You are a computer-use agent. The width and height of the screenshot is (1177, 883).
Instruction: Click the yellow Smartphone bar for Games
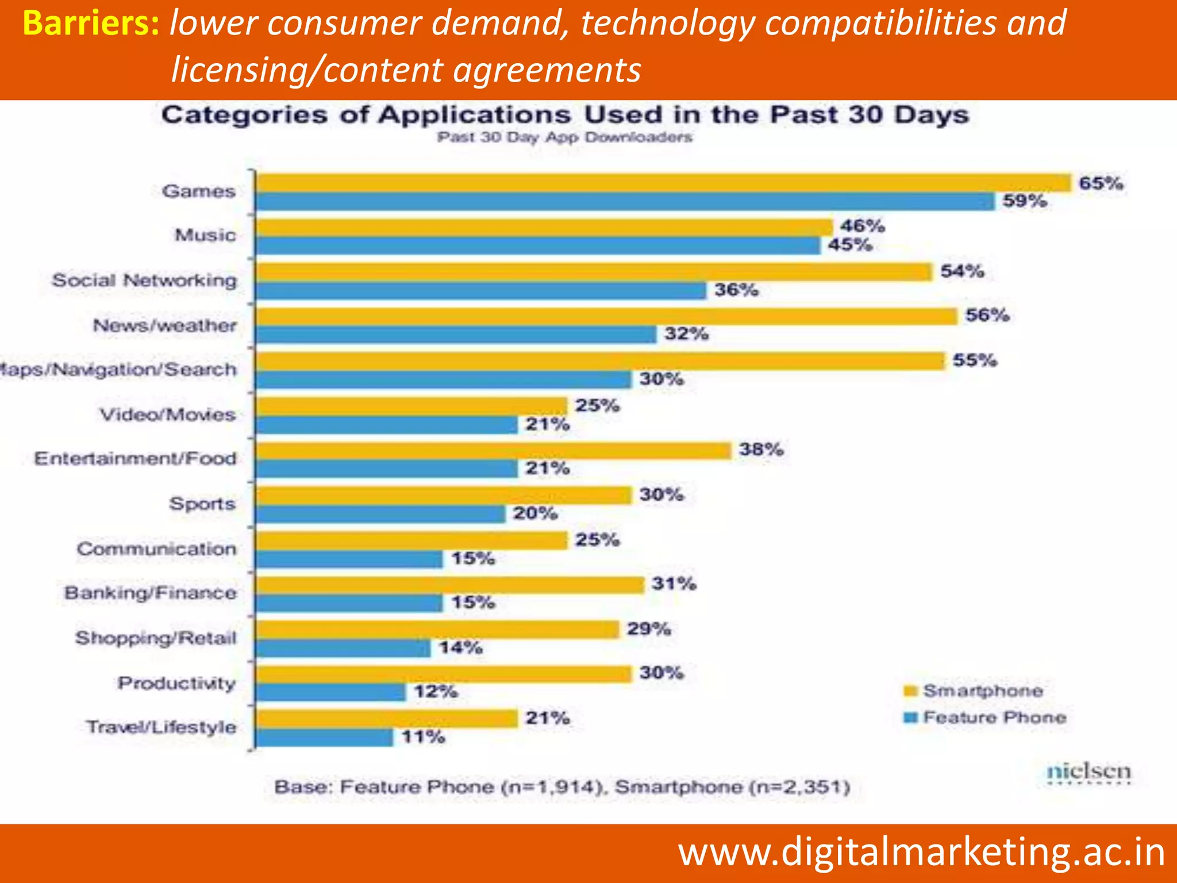coord(664,183)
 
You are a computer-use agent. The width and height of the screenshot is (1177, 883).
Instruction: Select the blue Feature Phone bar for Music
coord(538,246)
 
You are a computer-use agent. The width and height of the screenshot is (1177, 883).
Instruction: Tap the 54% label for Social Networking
coord(962,271)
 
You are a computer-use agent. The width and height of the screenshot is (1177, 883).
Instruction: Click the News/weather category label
coord(165,325)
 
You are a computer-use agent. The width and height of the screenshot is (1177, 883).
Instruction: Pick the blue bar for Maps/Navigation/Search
coord(444,379)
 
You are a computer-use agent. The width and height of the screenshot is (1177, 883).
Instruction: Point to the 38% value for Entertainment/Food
coord(761,450)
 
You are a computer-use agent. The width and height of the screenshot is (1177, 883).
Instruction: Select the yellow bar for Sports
coord(444,495)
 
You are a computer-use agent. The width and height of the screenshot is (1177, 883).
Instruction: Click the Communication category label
coord(156,549)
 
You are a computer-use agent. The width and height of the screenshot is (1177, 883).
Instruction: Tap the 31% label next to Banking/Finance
coord(674,584)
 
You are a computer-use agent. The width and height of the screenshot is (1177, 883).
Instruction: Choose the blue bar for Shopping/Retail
coord(343,648)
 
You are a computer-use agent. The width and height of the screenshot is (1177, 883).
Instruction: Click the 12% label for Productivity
coord(436,692)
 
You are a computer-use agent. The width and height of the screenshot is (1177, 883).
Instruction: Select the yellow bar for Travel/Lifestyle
coord(387,719)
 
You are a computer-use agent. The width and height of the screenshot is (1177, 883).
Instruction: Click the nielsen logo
coord(1088,772)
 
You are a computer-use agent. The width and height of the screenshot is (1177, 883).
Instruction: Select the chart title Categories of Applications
coord(565,115)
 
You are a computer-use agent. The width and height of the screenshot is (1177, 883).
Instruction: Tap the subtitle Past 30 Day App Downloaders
coord(564,137)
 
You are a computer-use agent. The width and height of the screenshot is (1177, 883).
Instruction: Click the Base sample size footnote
coord(561,786)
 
